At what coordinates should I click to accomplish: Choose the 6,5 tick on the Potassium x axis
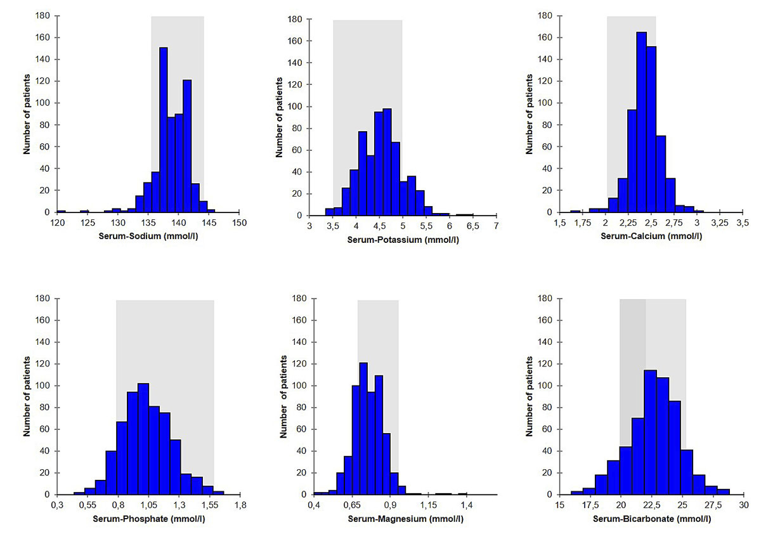pos(473,226)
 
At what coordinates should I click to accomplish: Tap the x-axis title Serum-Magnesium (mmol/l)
pos(405,519)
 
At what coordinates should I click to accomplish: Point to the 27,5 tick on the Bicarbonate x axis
pos(712,505)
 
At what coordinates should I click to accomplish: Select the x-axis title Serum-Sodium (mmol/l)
pos(148,236)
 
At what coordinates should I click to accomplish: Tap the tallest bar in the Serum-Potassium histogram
pos(387,162)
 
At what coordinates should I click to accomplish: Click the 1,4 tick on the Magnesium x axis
pos(467,505)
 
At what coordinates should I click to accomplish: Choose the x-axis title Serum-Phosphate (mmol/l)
pos(148,519)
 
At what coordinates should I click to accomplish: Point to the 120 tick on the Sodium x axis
pos(57,223)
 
